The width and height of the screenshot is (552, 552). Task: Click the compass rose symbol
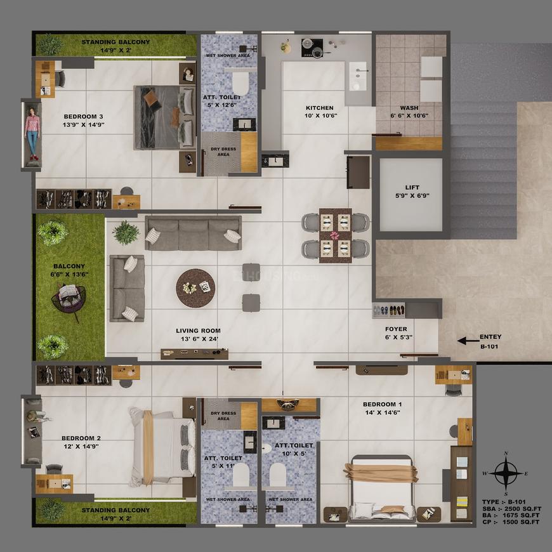click(x=505, y=472)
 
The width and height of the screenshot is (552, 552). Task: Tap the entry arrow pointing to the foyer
click(x=468, y=341)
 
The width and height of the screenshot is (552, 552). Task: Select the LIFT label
click(x=412, y=188)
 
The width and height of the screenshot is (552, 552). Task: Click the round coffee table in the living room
click(x=195, y=288)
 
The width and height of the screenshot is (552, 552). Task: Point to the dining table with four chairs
click(x=335, y=235)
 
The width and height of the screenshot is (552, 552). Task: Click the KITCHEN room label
click(x=319, y=108)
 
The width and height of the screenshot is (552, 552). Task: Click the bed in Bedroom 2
click(x=163, y=444)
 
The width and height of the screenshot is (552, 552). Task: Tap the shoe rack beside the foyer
click(x=388, y=310)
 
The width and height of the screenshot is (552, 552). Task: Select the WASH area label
click(x=409, y=108)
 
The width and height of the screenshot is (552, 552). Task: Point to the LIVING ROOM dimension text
click(x=199, y=339)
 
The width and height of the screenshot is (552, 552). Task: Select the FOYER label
click(x=396, y=329)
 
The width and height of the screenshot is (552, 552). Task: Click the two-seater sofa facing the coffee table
click(x=128, y=288)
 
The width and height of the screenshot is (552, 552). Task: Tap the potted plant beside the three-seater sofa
click(x=126, y=232)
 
